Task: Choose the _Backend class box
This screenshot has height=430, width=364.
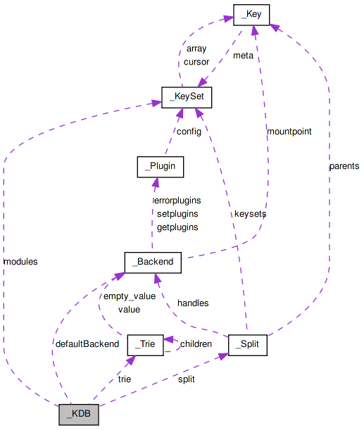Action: [153, 262]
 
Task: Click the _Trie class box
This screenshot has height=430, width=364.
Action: [145, 345]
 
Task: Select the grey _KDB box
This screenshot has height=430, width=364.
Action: [79, 415]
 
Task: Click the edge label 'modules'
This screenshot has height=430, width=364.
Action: [20, 261]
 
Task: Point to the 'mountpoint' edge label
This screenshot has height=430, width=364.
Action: [289, 131]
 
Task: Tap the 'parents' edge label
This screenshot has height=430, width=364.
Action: [344, 166]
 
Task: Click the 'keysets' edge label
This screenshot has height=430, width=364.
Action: [251, 213]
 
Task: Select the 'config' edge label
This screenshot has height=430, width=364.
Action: [189, 131]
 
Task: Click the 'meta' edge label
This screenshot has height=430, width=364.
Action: [243, 56]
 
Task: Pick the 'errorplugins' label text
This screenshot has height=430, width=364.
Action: [177, 200]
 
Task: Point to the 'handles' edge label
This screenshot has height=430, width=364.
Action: [192, 303]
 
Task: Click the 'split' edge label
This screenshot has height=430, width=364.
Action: [186, 379]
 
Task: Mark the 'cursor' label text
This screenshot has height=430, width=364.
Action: [196, 61]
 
